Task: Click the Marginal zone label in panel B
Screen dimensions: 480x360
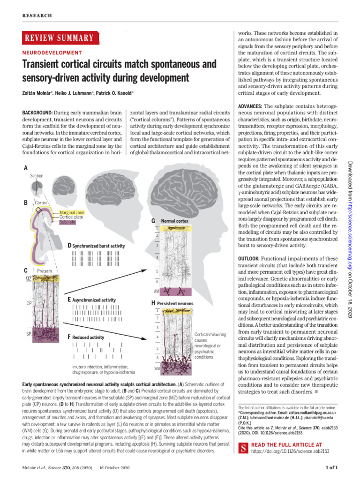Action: point(72,213)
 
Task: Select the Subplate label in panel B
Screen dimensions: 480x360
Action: point(67,222)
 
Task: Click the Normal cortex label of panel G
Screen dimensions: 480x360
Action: point(174,220)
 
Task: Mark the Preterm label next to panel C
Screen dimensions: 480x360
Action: point(44,271)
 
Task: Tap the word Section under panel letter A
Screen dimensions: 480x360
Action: point(37,176)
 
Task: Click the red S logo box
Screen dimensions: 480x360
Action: point(243,448)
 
